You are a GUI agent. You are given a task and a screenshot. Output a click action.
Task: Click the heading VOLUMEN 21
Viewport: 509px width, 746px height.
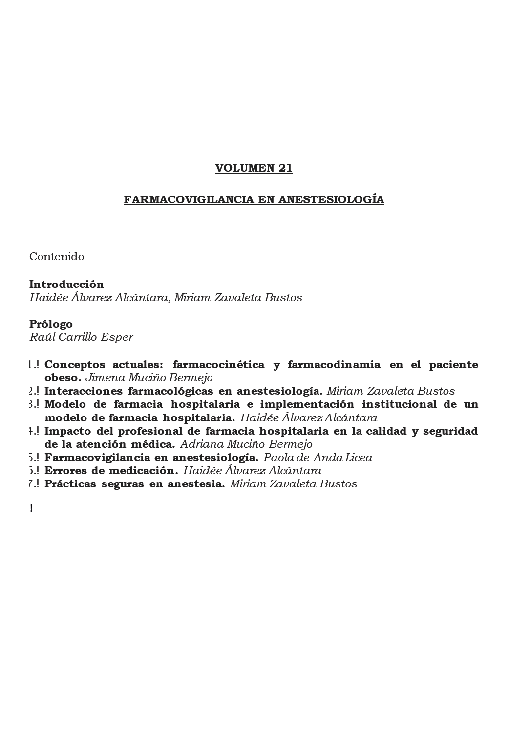tap(254, 168)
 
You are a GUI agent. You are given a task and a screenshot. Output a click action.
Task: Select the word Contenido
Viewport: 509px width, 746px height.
tap(57, 257)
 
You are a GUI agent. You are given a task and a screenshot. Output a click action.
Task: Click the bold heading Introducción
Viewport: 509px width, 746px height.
tap(66, 285)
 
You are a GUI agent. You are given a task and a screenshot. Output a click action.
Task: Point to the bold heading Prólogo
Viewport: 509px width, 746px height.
tap(51, 324)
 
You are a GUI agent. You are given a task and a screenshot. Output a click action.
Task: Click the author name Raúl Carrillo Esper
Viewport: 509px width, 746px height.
tap(81, 337)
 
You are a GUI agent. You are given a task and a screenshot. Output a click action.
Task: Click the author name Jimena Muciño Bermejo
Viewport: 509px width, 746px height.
tap(149, 378)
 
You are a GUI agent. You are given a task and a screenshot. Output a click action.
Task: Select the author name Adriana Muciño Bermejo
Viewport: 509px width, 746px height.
tap(246, 444)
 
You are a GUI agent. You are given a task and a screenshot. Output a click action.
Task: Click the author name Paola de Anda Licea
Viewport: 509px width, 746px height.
tap(318, 458)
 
